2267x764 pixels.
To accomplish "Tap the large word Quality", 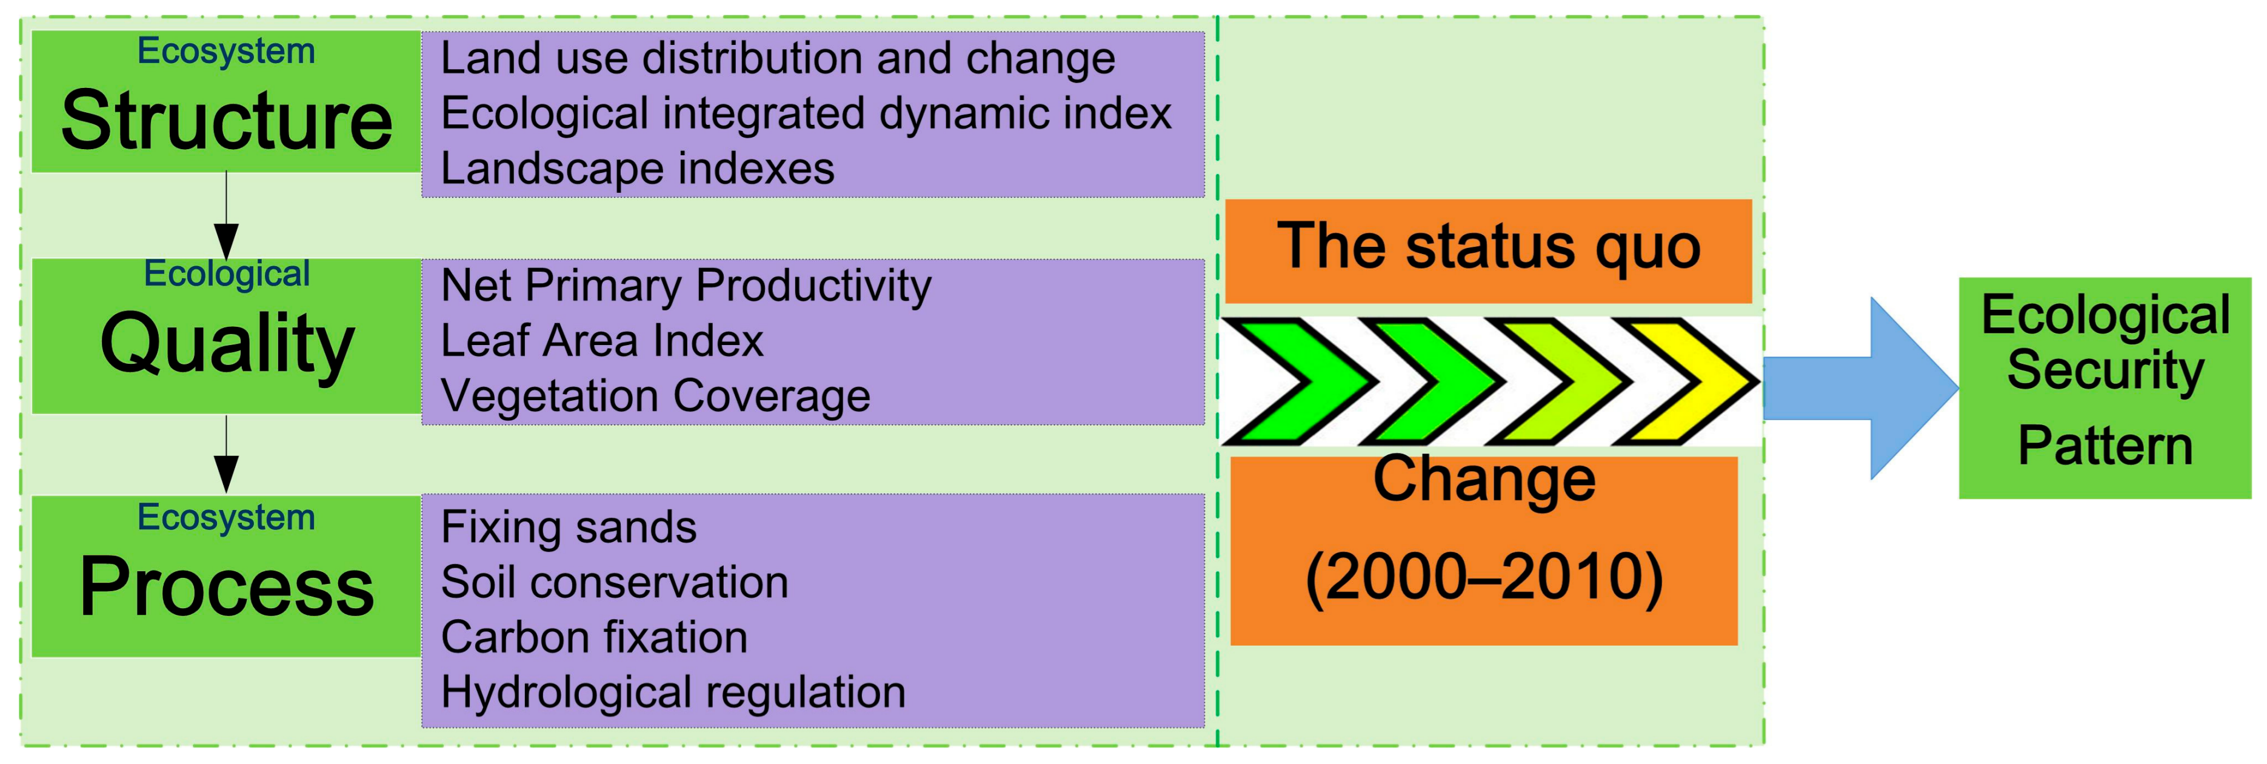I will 227,343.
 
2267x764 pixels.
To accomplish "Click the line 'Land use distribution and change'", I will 777,59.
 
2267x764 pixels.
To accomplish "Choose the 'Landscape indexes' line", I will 637,168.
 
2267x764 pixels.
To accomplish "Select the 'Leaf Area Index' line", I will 602,341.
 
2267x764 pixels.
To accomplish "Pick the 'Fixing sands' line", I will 569,528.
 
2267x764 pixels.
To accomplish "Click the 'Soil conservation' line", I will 614,583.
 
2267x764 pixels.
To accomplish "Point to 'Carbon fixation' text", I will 594,637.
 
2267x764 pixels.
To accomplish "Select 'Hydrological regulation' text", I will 673,692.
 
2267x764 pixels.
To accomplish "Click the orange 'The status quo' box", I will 1487,249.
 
